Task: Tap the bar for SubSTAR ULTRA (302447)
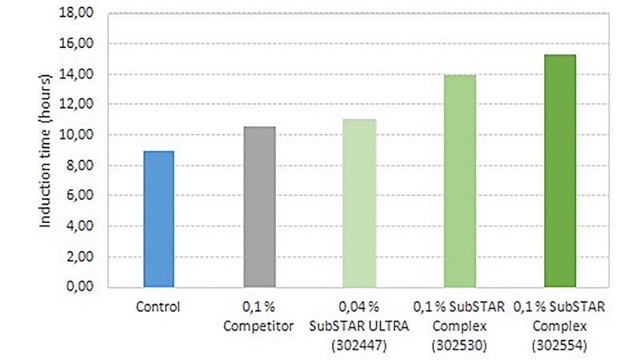click(359, 203)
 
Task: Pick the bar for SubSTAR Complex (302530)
click(459, 181)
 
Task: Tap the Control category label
click(158, 306)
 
